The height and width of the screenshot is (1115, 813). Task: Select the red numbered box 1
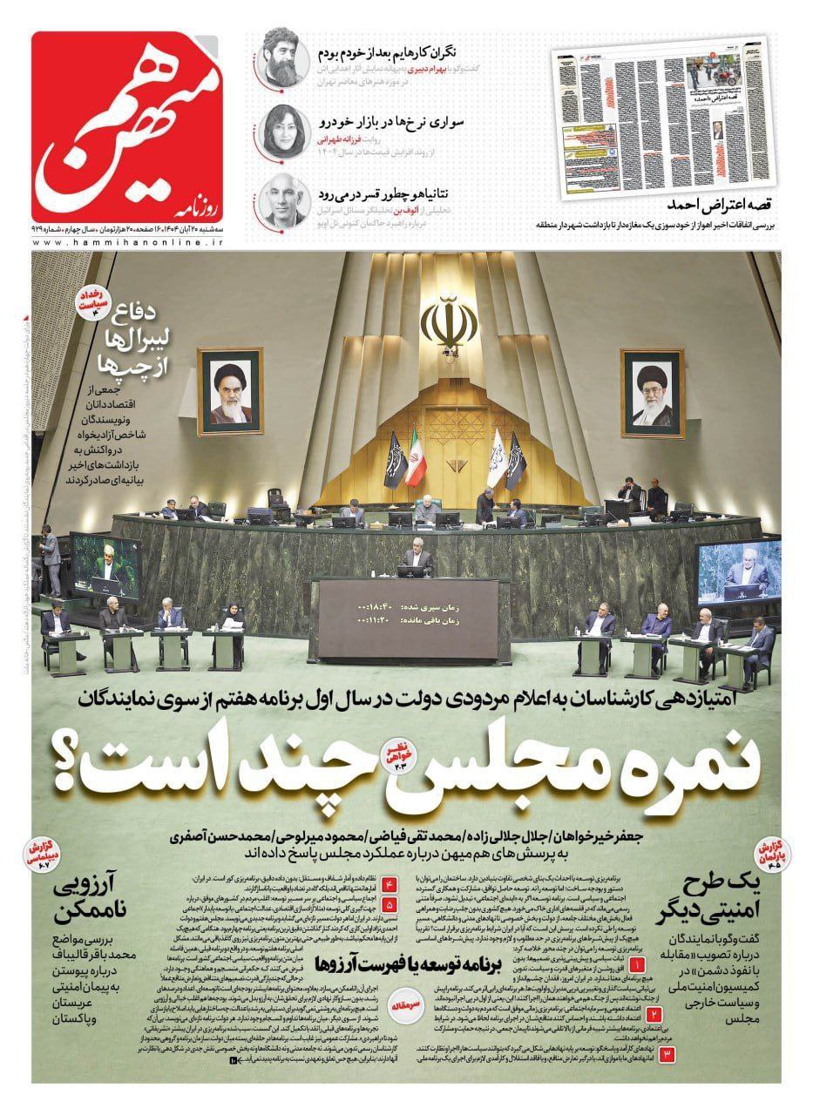[637, 966]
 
